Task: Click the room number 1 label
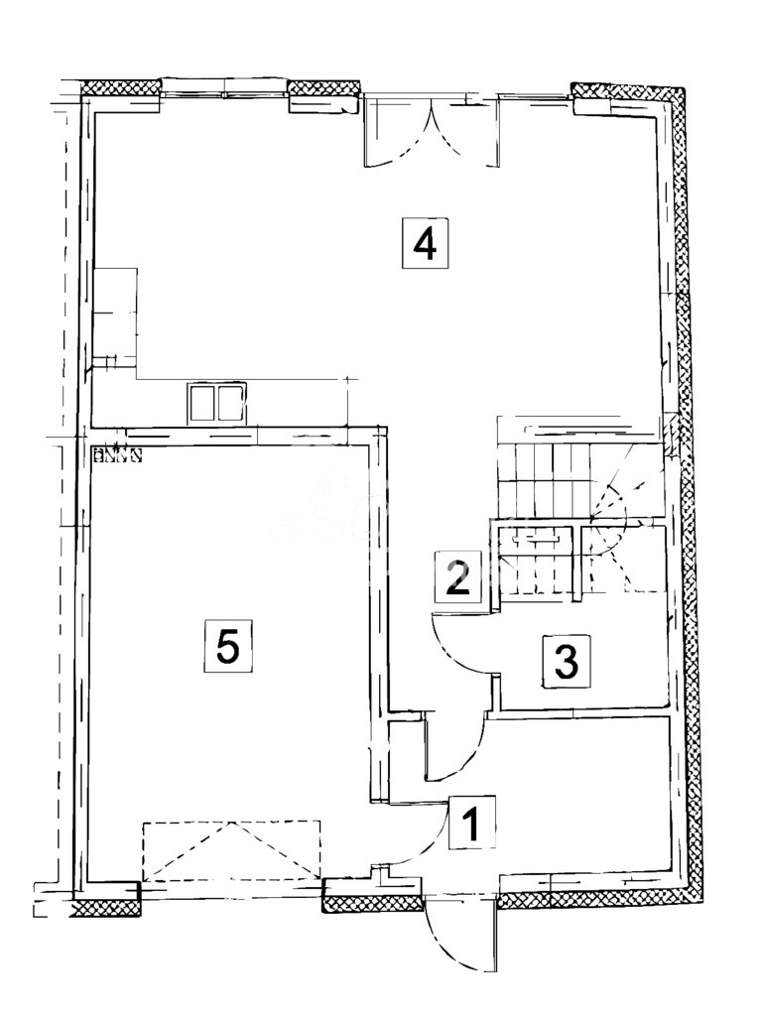(x=472, y=823)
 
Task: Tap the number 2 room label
(x=457, y=576)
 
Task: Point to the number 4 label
(x=425, y=242)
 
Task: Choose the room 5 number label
(x=228, y=647)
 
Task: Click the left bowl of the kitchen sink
(x=201, y=404)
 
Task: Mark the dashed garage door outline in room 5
(x=232, y=850)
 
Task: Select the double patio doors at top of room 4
(x=432, y=131)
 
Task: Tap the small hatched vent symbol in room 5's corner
(x=117, y=456)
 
